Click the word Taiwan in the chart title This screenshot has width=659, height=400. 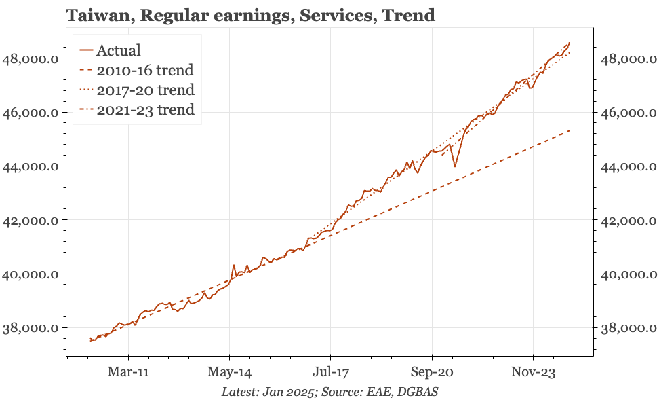click(94, 14)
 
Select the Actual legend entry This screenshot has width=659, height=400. click(118, 50)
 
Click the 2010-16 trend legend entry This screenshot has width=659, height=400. click(144, 70)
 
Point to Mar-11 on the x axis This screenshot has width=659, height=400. click(129, 372)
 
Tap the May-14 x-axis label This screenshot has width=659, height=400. click(230, 372)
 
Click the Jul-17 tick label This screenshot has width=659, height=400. click(331, 372)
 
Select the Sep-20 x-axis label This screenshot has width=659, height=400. click(432, 372)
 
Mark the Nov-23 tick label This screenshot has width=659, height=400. click(533, 372)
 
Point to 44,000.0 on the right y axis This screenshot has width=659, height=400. click(628, 166)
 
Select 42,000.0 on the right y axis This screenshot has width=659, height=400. click(628, 221)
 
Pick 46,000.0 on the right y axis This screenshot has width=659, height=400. click(628, 113)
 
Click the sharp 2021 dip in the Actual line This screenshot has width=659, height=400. click(455, 166)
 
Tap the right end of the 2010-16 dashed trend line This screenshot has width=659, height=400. click(570, 130)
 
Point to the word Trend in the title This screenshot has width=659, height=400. click(409, 14)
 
